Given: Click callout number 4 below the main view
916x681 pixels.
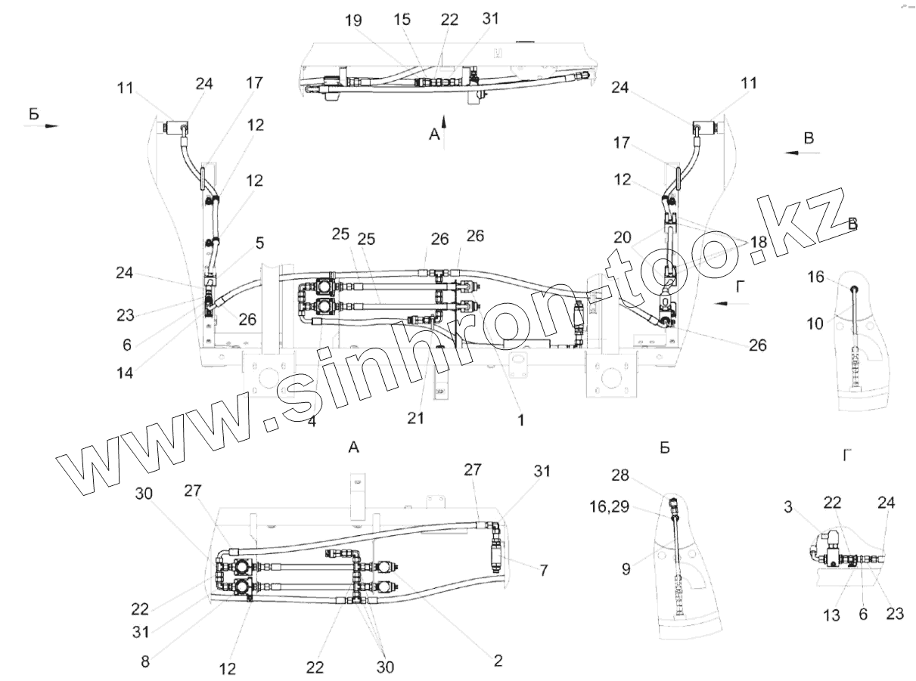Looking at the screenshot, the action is pyautogui.click(x=311, y=422).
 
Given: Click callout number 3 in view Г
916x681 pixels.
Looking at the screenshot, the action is pyautogui.click(x=788, y=507).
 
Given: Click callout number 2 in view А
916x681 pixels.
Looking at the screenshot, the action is pyautogui.click(x=497, y=661).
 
